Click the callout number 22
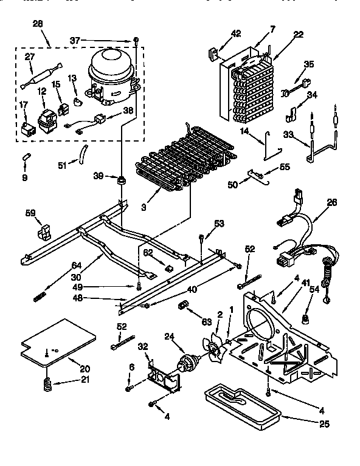point(299,34)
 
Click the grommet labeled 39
point(122,180)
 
